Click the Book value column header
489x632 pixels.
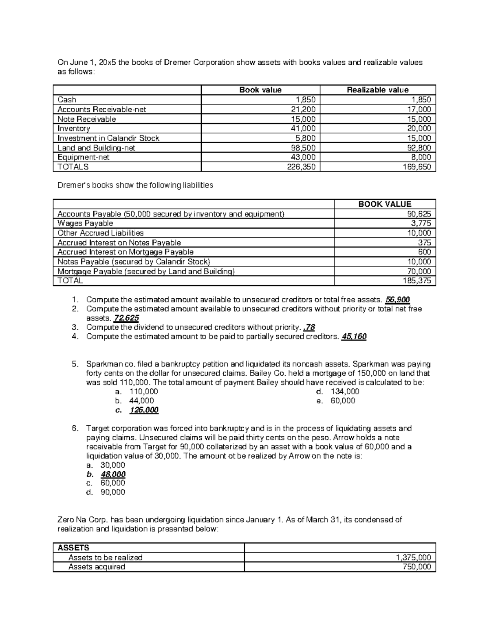(x=260, y=90)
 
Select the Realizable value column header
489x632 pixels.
(x=377, y=90)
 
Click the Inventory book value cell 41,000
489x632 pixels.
(x=304, y=129)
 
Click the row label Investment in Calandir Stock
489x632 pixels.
(x=108, y=138)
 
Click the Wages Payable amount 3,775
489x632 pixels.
(x=422, y=223)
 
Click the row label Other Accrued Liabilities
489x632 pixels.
(x=101, y=233)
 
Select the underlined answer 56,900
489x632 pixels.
(x=397, y=300)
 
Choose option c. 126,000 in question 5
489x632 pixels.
(x=144, y=410)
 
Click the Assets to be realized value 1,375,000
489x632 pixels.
(x=414, y=558)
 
